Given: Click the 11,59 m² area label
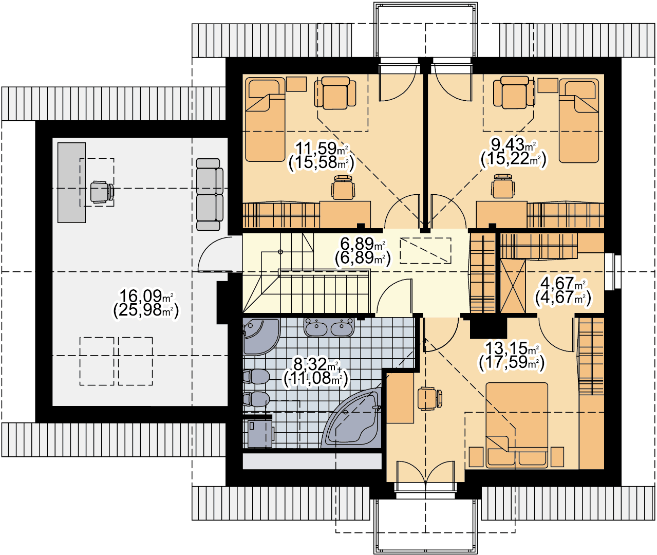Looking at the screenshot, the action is [322, 147].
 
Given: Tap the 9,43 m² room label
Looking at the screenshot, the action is [513, 145].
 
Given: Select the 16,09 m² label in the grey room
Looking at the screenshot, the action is [146, 296].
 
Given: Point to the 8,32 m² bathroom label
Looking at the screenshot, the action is [315, 364].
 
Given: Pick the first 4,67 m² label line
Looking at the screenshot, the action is [562, 284].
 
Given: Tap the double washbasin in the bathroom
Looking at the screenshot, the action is [329, 327].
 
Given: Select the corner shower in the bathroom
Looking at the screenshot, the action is [261, 337].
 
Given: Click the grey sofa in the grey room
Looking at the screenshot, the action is [209, 195].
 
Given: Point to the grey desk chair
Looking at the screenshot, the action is [102, 192].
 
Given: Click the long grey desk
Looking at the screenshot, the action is [71, 182].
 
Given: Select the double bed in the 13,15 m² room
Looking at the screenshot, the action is [517, 425].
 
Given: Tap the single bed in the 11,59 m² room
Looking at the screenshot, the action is [265, 119].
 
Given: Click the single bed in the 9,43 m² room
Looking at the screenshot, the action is [578, 121].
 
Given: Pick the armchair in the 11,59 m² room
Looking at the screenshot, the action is [335, 92].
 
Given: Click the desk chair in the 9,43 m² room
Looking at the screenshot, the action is [503, 186].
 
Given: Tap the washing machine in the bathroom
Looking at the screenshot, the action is [260, 434].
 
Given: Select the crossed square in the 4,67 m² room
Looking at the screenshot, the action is [513, 286].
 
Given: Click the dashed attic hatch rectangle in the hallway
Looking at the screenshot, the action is [425, 251].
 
